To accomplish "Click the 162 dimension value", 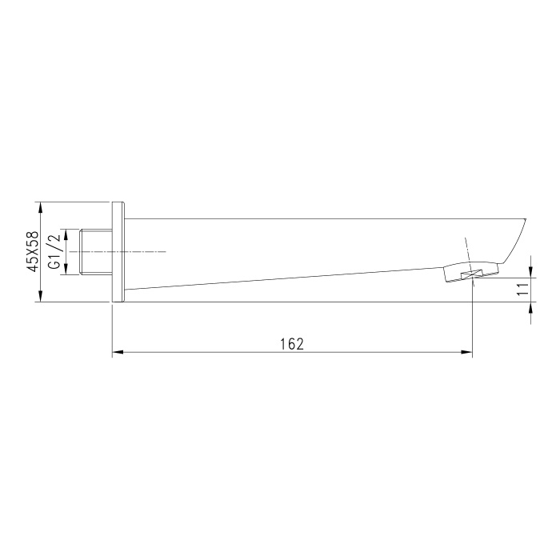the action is point(292,344).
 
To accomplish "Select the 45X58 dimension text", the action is point(34,252).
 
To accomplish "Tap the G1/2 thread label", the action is point(55,252).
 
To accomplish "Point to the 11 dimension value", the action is point(523,289).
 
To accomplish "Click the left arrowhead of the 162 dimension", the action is point(118,353).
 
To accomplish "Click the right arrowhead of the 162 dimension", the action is point(466,353).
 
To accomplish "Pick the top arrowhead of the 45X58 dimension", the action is point(40,208).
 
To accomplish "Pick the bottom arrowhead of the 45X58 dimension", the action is point(40,296).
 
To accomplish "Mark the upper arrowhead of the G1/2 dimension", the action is point(66,235).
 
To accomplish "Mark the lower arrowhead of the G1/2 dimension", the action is point(66,269).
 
